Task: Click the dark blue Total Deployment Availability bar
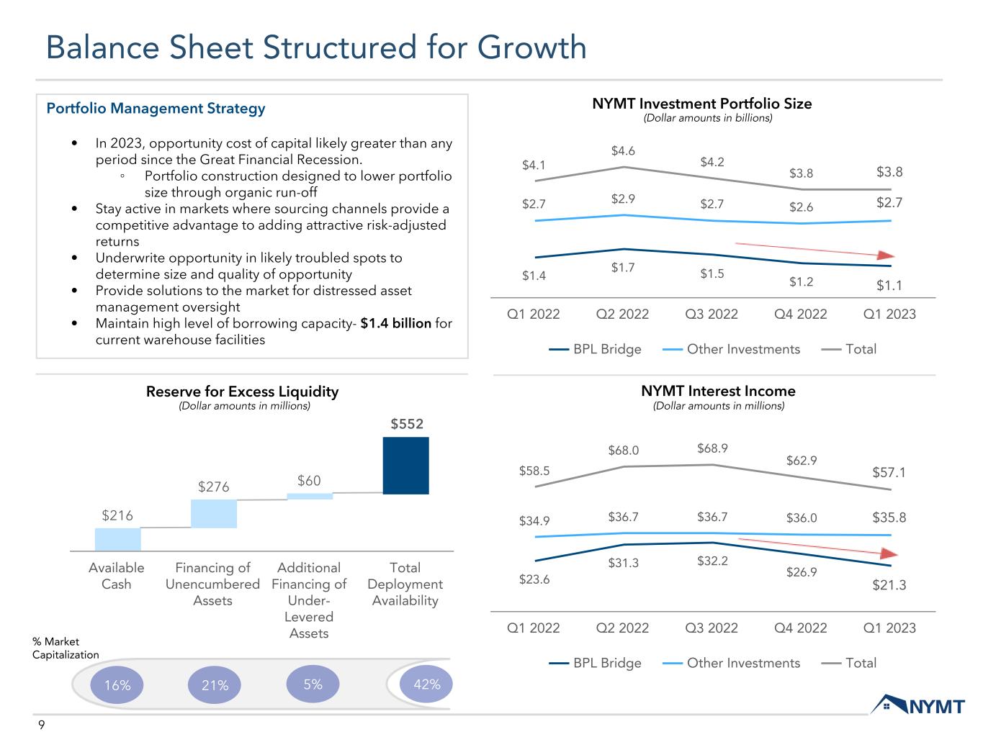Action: [x=405, y=466]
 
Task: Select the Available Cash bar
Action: [x=118, y=539]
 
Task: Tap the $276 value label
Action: [x=214, y=487]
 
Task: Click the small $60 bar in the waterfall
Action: [x=310, y=497]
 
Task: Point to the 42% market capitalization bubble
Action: [x=426, y=684]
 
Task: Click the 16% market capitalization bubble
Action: [x=117, y=684]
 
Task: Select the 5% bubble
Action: [x=313, y=684]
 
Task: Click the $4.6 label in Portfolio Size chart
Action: [x=623, y=151]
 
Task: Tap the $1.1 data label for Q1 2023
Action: [x=889, y=285]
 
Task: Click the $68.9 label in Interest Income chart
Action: [x=712, y=448]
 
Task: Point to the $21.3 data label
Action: [x=889, y=585]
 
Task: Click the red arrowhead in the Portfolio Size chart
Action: [x=886, y=256]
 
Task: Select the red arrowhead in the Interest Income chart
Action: [x=889, y=553]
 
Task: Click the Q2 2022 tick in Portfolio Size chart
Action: [x=622, y=314]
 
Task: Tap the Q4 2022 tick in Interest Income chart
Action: [x=800, y=628]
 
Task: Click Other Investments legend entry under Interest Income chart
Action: [x=731, y=663]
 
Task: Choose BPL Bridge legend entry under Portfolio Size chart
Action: [x=595, y=349]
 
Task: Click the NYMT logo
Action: [x=917, y=705]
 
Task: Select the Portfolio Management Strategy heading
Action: [x=156, y=109]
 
